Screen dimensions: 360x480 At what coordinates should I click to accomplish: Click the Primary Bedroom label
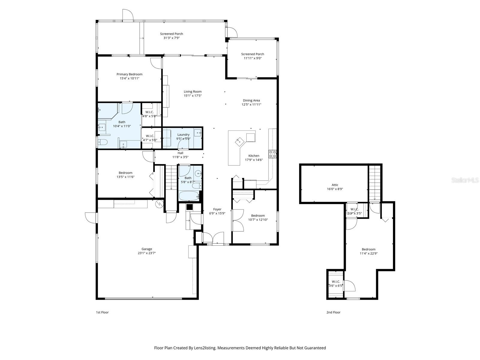[x=129, y=74]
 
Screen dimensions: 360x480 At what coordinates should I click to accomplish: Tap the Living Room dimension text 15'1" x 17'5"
[x=193, y=96]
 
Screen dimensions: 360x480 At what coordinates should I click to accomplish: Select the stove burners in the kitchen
[x=273, y=154]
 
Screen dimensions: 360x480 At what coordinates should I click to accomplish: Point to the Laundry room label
[x=183, y=135]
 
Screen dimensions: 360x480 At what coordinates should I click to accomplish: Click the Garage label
[x=147, y=249]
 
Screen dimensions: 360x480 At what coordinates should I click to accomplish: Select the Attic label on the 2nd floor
[x=335, y=185]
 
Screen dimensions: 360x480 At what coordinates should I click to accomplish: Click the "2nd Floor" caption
[x=333, y=312]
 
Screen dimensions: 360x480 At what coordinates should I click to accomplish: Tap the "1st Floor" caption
[x=102, y=312]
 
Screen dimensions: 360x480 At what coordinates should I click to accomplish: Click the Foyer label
[x=217, y=209]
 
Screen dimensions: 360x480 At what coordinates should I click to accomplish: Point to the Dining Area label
[x=251, y=100]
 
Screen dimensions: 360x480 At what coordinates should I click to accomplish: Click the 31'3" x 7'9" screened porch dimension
[x=171, y=38]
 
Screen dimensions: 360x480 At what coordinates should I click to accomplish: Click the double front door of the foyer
[x=213, y=238]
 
